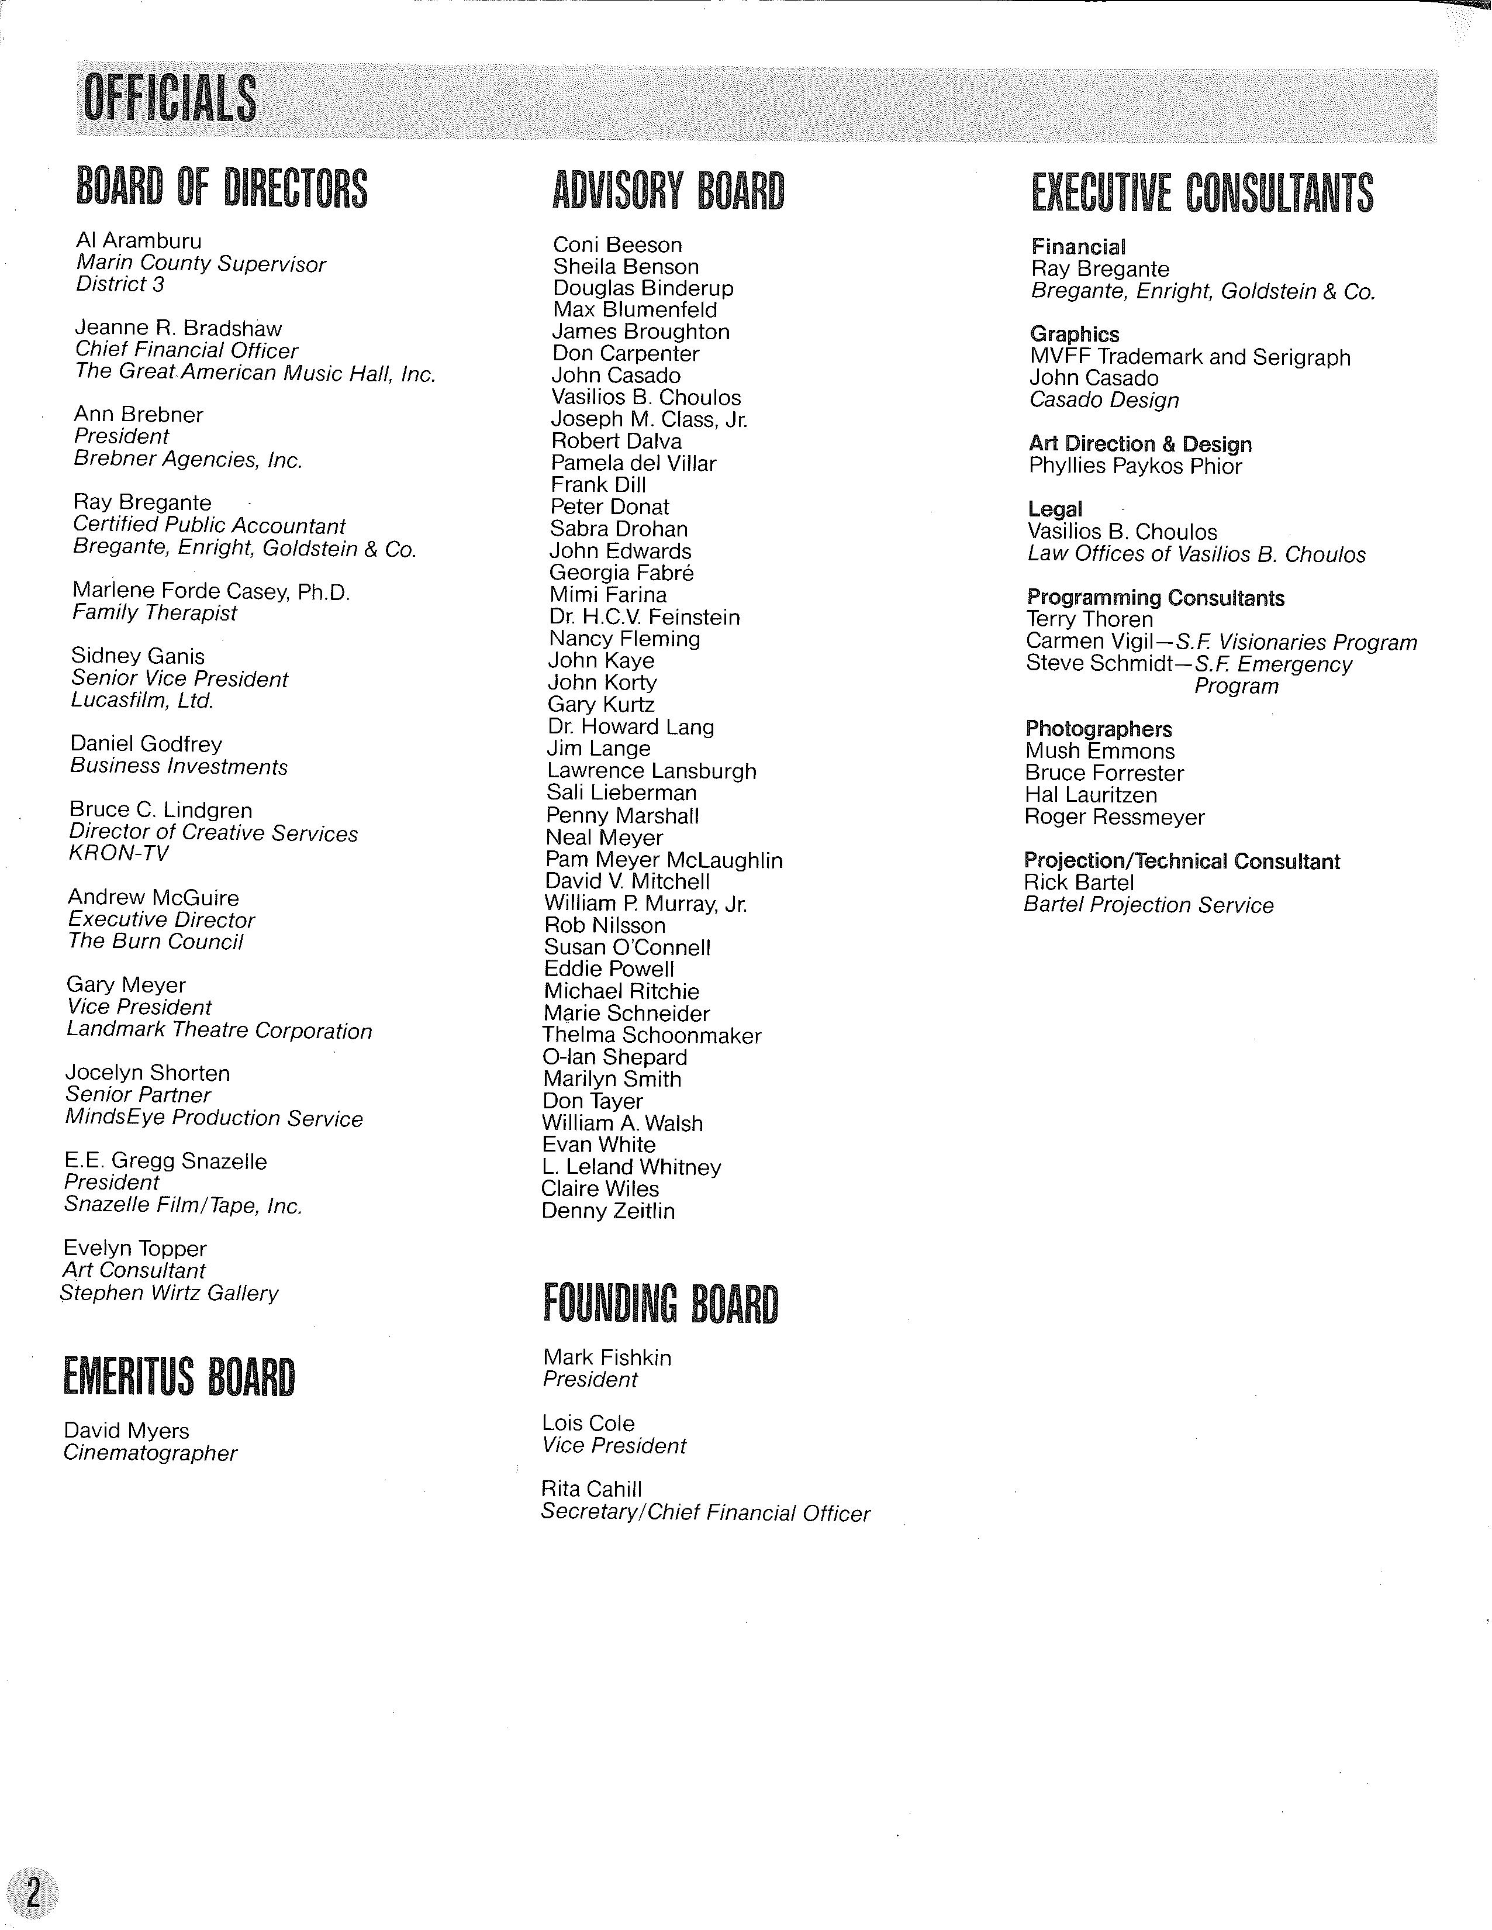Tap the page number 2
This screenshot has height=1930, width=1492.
[33, 1892]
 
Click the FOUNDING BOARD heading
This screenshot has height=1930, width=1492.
[660, 1304]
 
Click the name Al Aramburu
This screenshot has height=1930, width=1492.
[139, 241]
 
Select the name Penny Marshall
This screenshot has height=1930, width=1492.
[622, 816]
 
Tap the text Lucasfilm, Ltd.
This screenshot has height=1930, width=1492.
[142, 701]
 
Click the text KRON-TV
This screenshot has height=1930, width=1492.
[118, 854]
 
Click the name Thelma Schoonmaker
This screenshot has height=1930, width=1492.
[652, 1036]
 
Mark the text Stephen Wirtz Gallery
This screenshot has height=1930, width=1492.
[170, 1293]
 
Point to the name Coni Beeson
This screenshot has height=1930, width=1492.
[617, 245]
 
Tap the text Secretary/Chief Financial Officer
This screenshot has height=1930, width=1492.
[705, 1513]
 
